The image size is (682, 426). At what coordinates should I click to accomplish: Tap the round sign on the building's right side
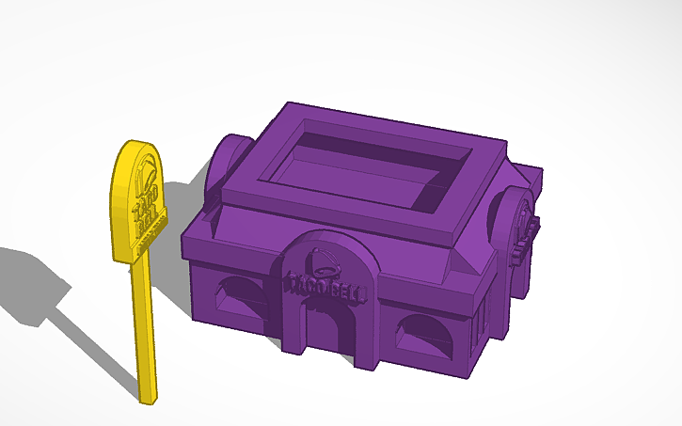click(x=520, y=221)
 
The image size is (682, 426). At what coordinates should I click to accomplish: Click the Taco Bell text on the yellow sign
click(x=146, y=213)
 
